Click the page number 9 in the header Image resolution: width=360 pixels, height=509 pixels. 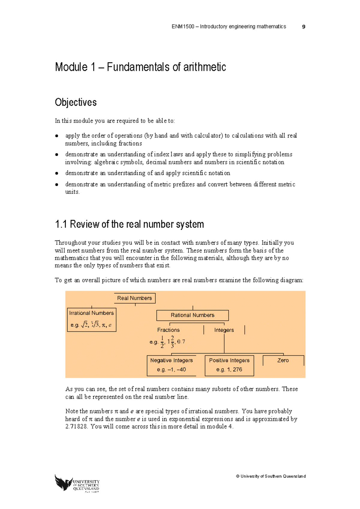[x=304, y=27]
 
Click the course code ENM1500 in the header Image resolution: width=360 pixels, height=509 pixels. [x=183, y=27]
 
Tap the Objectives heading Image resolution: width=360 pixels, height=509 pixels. [x=76, y=103]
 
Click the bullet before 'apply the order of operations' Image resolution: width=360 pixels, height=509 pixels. [x=56, y=136]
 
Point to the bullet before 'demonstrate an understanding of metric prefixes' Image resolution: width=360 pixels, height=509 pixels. [x=56, y=185]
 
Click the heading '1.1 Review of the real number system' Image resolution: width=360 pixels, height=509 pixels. [x=129, y=224]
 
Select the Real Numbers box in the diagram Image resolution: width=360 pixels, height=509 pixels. [x=134, y=298]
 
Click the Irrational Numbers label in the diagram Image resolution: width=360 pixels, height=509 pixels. [x=91, y=313]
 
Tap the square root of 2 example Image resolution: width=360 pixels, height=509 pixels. [x=85, y=325]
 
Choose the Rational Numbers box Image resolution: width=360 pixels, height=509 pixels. [x=192, y=315]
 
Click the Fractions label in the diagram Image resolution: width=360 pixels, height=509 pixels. [x=168, y=330]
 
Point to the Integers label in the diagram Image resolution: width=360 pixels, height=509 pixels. [x=224, y=330]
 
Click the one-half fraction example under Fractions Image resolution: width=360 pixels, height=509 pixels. [x=162, y=342]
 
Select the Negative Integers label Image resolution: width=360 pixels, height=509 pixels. [x=171, y=360]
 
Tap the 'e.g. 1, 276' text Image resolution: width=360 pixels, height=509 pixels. [x=229, y=370]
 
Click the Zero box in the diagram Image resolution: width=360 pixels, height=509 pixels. [x=283, y=360]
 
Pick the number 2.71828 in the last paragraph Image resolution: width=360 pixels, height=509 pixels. [x=76, y=427]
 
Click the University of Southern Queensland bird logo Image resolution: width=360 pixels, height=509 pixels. [x=63, y=482]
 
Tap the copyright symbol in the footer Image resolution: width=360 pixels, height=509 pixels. [x=238, y=476]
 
